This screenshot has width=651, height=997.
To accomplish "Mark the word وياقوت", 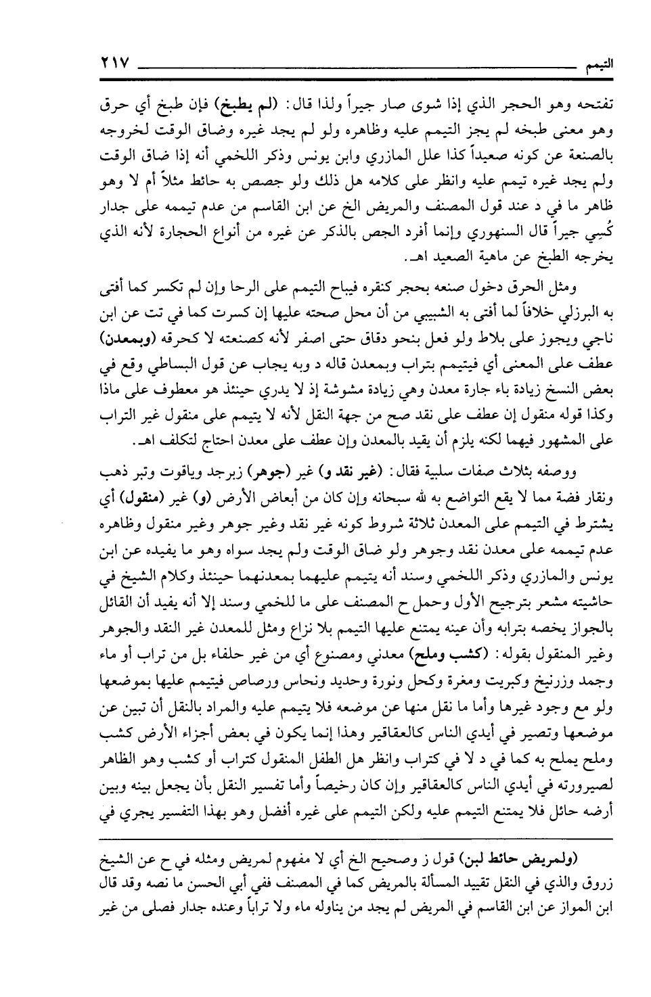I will coord(160,469).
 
